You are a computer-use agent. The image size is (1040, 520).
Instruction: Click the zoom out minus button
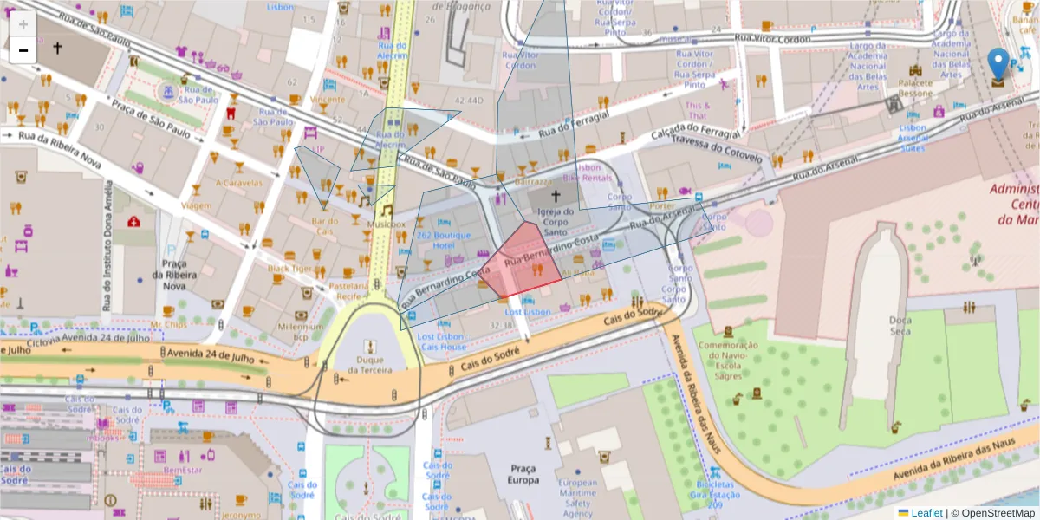(23, 50)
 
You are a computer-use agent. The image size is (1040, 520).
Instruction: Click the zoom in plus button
(23, 24)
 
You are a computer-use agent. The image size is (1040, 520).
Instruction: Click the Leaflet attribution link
(926, 513)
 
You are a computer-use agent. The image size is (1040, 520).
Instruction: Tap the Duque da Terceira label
(375, 364)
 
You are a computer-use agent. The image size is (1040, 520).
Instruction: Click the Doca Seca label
(900, 326)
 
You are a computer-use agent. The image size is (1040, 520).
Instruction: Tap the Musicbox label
(386, 224)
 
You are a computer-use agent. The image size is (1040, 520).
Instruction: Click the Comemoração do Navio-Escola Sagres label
(729, 360)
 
